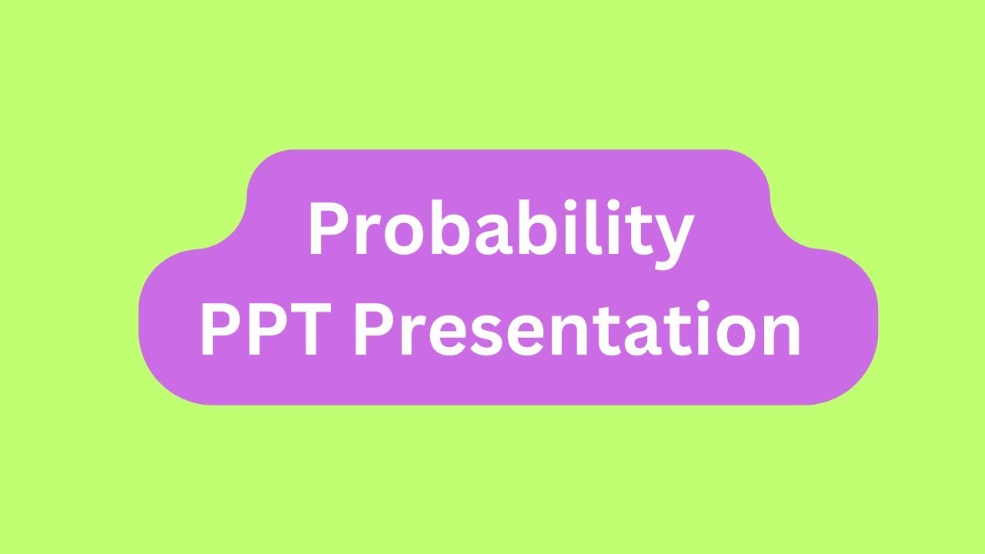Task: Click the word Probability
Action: point(500,231)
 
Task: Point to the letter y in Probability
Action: point(673,239)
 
